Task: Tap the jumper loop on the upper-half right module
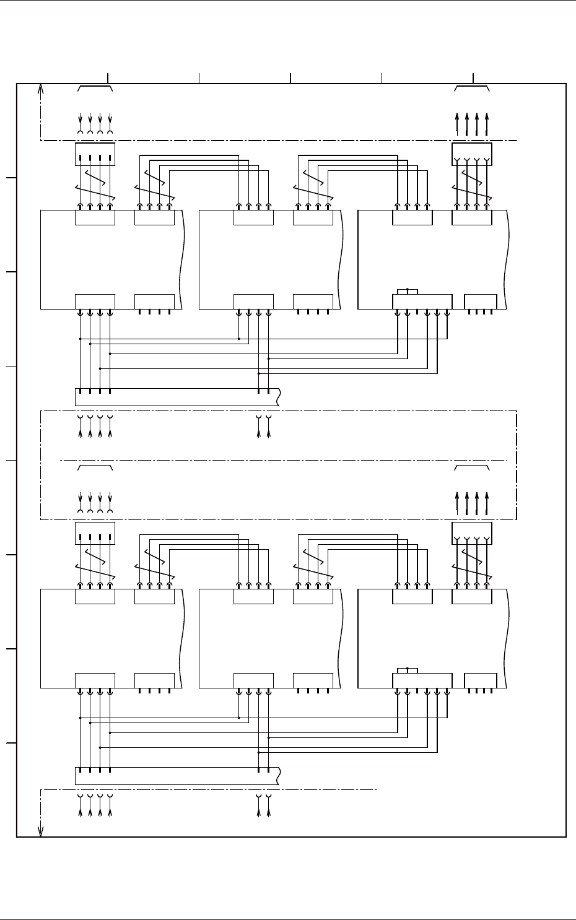tap(408, 291)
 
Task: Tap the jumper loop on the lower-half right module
tap(408, 670)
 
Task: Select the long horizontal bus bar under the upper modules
tap(177, 397)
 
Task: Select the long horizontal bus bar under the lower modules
tap(177, 776)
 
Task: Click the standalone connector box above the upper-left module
tap(95, 154)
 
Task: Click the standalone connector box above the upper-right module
tap(472, 154)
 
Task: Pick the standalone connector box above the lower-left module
tap(95, 533)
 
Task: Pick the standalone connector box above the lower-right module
tap(472, 533)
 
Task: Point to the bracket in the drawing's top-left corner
tap(95, 89)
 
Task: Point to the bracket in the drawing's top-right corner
tap(472, 89)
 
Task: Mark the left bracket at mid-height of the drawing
tap(95, 467)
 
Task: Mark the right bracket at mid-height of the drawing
tap(472, 467)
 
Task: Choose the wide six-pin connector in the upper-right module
tap(422, 302)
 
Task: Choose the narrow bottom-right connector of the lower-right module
tap(481, 680)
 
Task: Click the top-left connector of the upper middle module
tap(253, 217)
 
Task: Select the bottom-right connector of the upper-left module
tap(154, 302)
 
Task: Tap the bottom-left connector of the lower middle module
tap(253, 680)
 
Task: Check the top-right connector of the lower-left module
tap(154, 596)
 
